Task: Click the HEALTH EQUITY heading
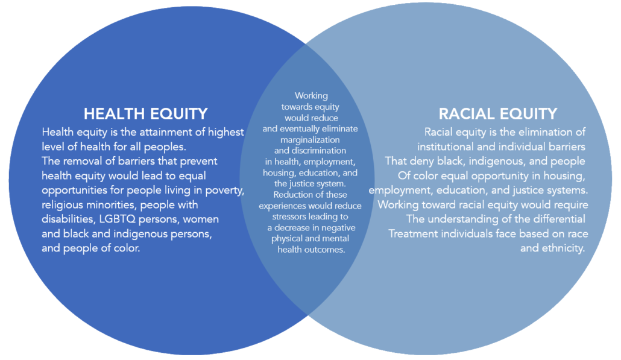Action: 145,113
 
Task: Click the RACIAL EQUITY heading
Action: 498,113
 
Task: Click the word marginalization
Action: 310,140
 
